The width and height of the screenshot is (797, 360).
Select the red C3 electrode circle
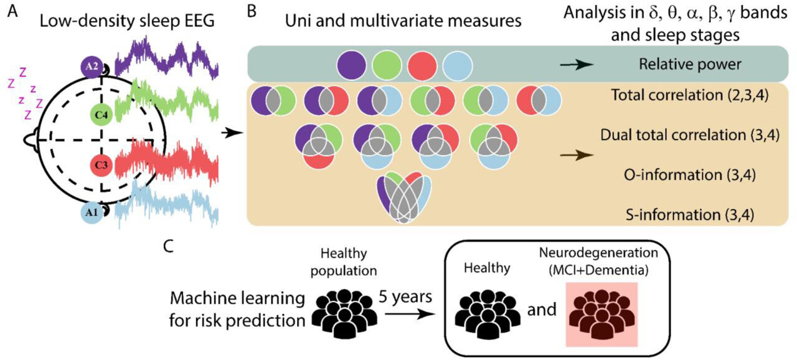(x=101, y=166)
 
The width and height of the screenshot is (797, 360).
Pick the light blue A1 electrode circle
(x=92, y=214)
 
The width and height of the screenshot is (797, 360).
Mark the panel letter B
(x=253, y=12)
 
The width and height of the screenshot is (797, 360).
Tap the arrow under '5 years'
(x=410, y=315)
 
